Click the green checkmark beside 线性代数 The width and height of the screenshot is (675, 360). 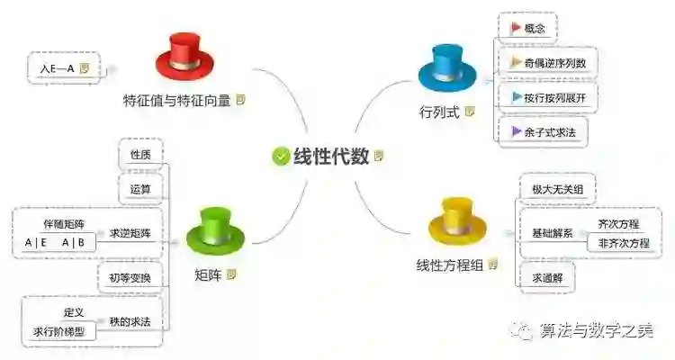(281, 156)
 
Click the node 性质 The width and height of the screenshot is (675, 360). (140, 155)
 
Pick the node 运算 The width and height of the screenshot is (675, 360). (140, 190)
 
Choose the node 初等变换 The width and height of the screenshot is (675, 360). (130, 278)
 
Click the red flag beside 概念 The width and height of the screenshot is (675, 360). (515, 28)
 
